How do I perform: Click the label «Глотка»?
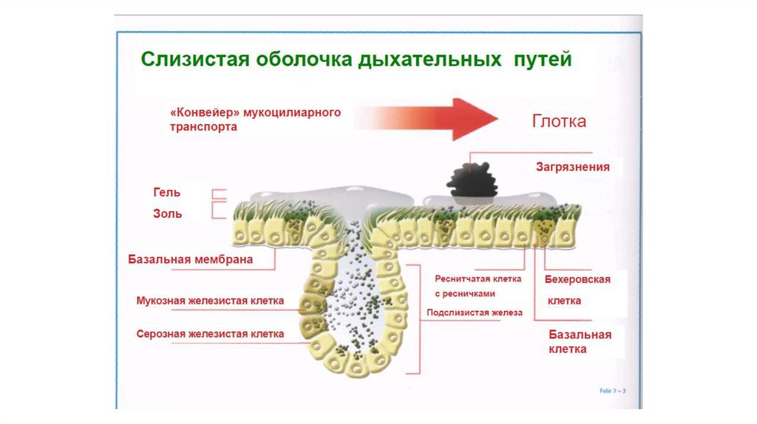coord(560,121)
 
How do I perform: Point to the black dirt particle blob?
coord(472,180)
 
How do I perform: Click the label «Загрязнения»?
coord(573,167)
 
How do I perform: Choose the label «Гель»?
coord(166,192)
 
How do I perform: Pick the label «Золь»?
coord(166,213)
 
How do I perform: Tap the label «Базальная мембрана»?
coord(191,259)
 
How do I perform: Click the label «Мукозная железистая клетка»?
coord(210,301)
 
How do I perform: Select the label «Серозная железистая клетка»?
coord(210,334)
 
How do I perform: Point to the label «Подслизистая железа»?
coord(475,312)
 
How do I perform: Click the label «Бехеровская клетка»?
coord(577,290)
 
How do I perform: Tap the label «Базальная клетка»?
coord(580,341)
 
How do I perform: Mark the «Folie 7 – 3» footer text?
coord(612,390)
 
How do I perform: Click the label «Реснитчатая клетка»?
coord(478,279)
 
